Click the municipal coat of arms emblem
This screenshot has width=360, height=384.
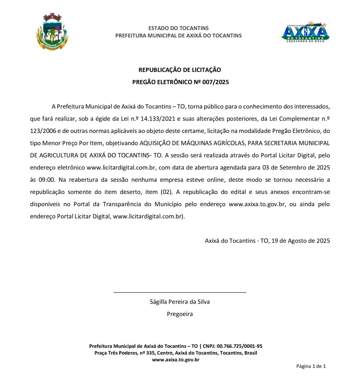point(52,32)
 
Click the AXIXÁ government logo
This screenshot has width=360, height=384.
point(305,32)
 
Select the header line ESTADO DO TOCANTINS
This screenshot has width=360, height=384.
point(178,28)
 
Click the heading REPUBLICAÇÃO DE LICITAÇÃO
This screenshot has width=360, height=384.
point(180,70)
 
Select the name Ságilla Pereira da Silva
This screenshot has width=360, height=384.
point(180,302)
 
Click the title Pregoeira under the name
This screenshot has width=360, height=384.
point(180,314)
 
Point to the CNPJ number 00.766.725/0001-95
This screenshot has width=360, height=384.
point(239,346)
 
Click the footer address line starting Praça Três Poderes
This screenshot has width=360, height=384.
point(175,353)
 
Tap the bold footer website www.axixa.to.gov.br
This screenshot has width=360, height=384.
point(175,360)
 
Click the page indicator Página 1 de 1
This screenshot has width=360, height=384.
point(311,366)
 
